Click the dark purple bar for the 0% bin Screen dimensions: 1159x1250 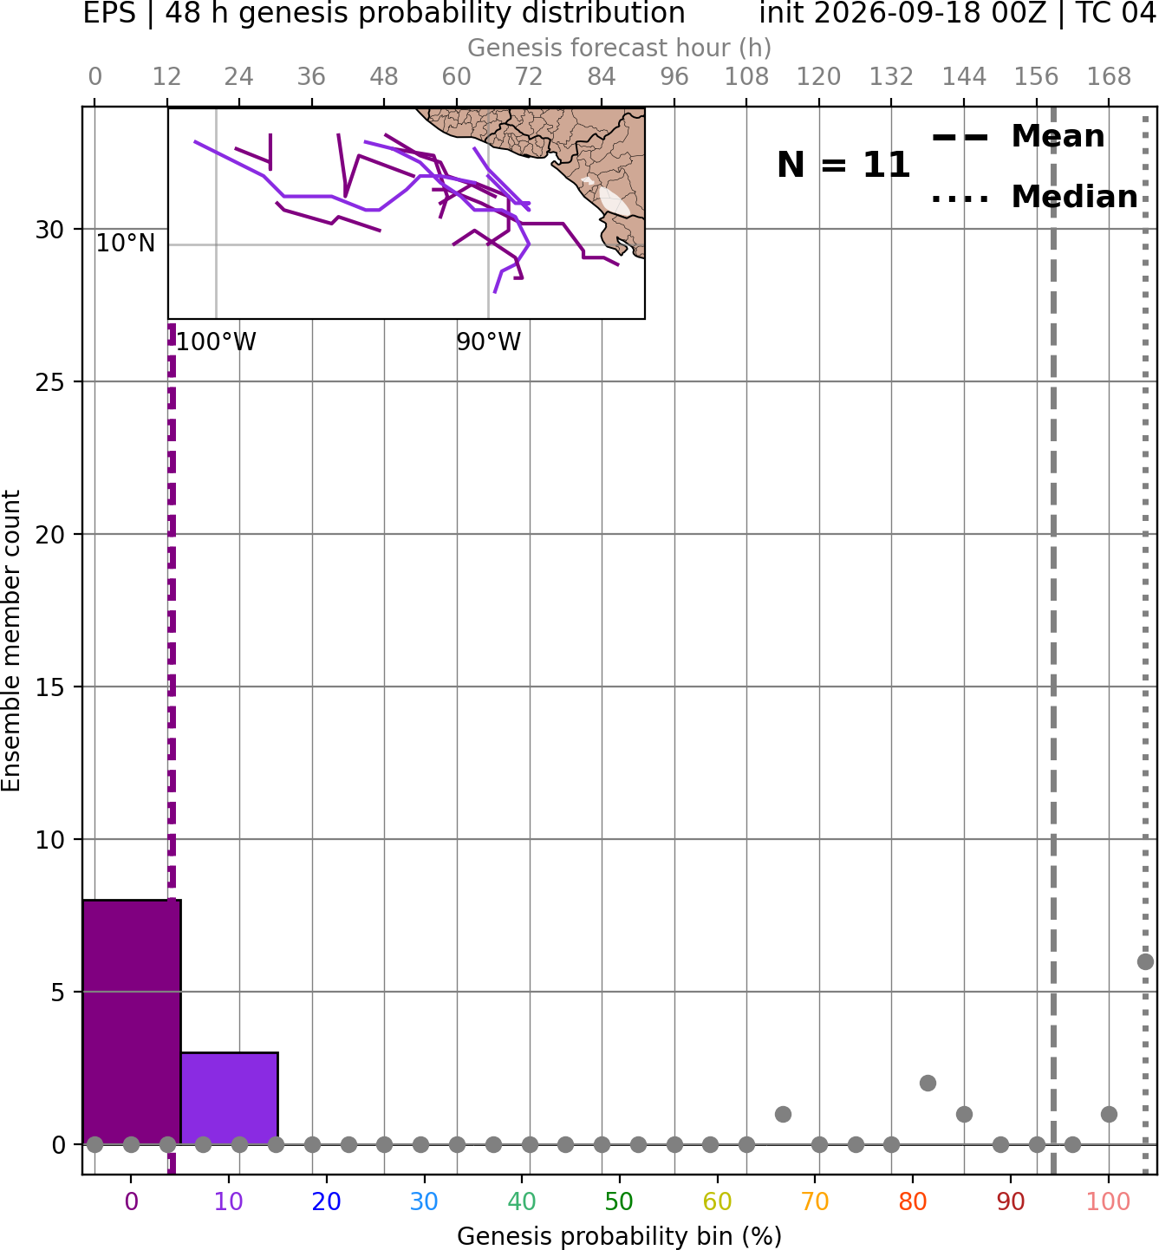tap(132, 1022)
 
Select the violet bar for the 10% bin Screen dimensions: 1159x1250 tap(230, 1098)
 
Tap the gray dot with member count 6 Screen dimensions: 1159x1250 tap(1145, 961)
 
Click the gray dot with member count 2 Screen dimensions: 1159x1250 tap(928, 1084)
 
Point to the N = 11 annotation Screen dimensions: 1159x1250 tap(843, 165)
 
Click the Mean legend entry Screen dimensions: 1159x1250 tap(1018, 137)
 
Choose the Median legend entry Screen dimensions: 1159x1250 tap(1034, 197)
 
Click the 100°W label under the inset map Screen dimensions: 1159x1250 tap(216, 342)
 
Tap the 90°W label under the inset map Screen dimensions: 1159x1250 tap(489, 342)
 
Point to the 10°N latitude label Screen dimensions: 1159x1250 tap(126, 243)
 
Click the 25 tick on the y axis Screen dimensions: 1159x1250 tap(50, 382)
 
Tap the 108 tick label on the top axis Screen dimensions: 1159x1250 tap(746, 77)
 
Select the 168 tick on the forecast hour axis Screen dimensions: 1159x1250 tap(1109, 77)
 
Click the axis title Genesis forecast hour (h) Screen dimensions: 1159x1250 tap(620, 48)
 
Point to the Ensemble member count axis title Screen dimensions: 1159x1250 tap(11, 641)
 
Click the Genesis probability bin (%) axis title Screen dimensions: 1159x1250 tap(620, 1236)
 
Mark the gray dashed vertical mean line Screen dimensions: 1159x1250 tap(1053, 641)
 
